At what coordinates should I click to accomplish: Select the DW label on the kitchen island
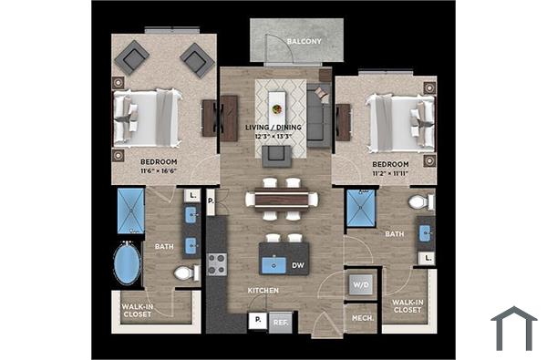[x=297, y=266]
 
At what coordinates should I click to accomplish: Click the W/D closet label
[x=359, y=284]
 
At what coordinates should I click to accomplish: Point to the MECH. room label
[x=359, y=317]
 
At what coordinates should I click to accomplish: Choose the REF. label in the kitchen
[x=280, y=322]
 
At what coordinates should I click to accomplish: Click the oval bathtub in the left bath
[x=128, y=265]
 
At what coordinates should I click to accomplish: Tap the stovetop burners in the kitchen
[x=217, y=264]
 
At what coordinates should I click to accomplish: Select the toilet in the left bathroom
[x=185, y=273]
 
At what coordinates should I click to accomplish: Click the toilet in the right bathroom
[x=419, y=201]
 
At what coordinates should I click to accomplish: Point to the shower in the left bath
[x=131, y=211]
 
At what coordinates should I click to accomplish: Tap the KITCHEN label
[x=263, y=291]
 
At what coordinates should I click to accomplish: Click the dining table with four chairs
[x=281, y=201]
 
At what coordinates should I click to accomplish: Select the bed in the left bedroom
[x=146, y=111]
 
